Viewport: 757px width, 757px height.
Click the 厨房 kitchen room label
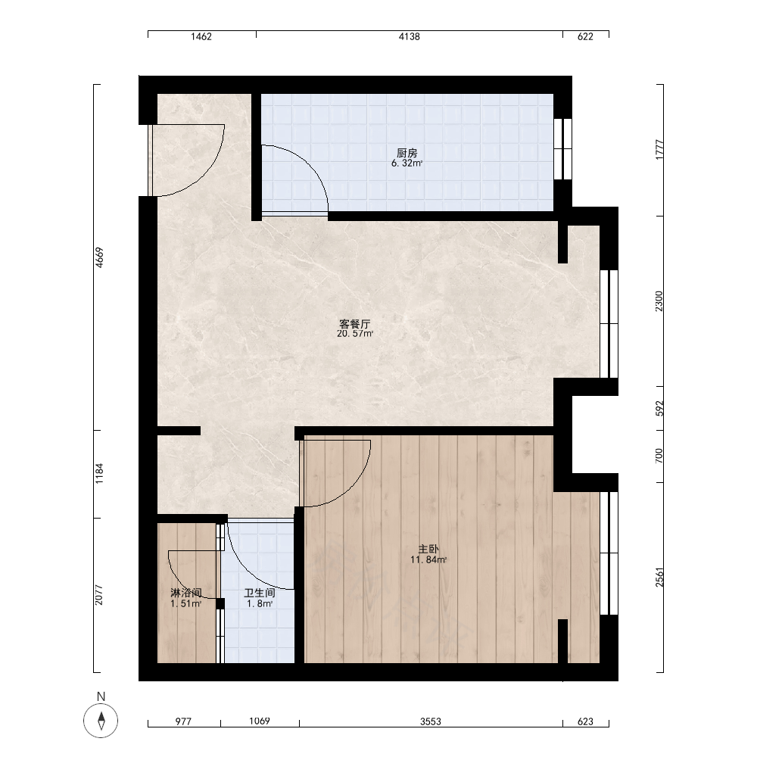click(x=407, y=153)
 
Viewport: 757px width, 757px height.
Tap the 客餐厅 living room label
click(x=355, y=323)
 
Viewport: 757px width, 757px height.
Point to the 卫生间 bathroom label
click(x=259, y=593)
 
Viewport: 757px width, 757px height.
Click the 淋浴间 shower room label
click(x=186, y=593)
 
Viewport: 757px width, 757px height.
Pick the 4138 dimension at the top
click(x=410, y=36)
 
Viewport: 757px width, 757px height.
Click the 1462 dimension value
click(x=201, y=36)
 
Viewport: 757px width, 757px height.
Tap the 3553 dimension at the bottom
click(x=431, y=721)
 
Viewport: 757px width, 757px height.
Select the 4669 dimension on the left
click(x=99, y=257)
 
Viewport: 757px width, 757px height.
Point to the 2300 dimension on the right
click(x=659, y=301)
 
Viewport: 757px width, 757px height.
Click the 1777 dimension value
click(x=659, y=150)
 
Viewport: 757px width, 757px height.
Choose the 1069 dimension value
click(x=260, y=721)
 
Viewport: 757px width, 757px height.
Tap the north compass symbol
click(x=101, y=720)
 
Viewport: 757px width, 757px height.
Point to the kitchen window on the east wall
click(x=562, y=149)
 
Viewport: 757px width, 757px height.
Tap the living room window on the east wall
click(x=609, y=324)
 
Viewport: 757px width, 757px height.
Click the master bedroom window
click(x=609, y=553)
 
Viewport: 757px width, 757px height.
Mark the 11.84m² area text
click(x=428, y=560)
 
